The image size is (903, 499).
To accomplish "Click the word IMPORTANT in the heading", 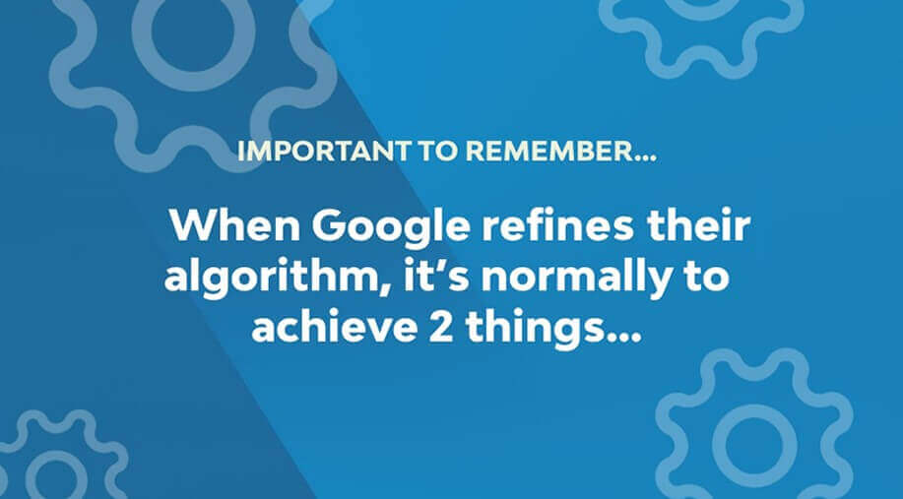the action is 324,151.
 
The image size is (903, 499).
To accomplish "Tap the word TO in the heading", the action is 436,151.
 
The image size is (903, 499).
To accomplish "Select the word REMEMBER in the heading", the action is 548,151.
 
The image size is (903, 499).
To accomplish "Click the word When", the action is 235,225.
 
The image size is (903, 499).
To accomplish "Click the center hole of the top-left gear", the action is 194,32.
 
